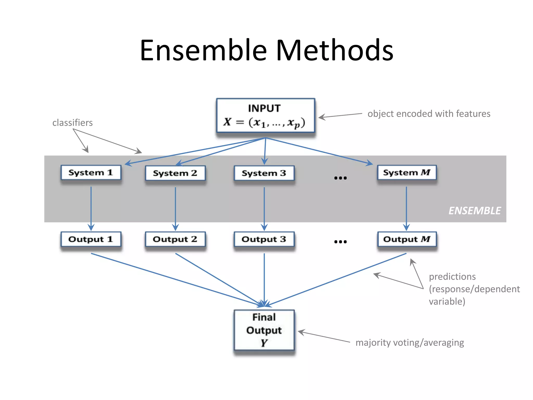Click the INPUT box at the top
pyautogui.click(x=265, y=115)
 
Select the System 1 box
pyautogui.click(x=91, y=172)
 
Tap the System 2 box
pyautogui.click(x=175, y=173)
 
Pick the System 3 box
pyautogui.click(x=264, y=173)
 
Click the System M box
pyautogui.click(x=407, y=172)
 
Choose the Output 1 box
pyautogui.click(x=91, y=239)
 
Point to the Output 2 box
pyautogui.click(x=175, y=239)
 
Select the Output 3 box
pyautogui.click(x=264, y=239)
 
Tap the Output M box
pyautogui.click(x=407, y=239)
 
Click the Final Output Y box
pyautogui.click(x=264, y=330)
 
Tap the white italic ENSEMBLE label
pyautogui.click(x=474, y=211)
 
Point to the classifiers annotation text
pyautogui.click(x=72, y=123)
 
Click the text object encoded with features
pyautogui.click(x=429, y=114)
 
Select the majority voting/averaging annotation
pyautogui.click(x=410, y=342)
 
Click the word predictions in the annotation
pyautogui.click(x=452, y=277)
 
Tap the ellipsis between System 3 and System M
pyautogui.click(x=340, y=178)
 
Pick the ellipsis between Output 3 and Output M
pyautogui.click(x=340, y=242)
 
